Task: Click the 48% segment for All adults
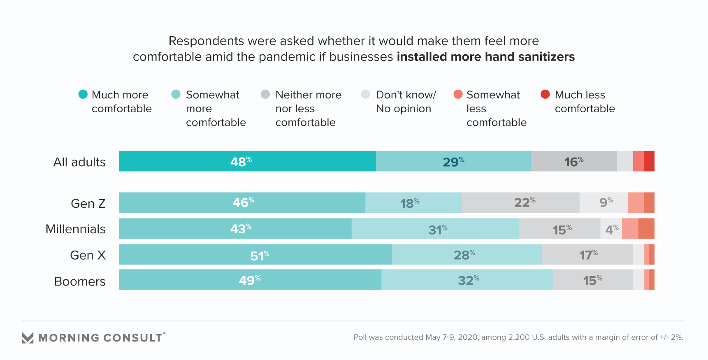[x=247, y=161]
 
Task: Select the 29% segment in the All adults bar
[x=453, y=161]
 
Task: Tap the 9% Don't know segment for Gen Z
[x=604, y=202]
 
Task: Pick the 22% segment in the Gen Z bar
[x=520, y=202]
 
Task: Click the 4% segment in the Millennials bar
[x=611, y=229]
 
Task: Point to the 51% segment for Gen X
[x=255, y=255]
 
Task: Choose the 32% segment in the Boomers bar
[x=467, y=280]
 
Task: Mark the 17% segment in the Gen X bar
[x=587, y=255]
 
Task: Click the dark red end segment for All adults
[x=649, y=161]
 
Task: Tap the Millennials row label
[x=76, y=229]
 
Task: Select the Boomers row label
[x=80, y=281]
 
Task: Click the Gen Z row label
[x=88, y=204]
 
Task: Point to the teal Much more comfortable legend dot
[x=83, y=94]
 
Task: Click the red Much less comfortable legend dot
[x=545, y=94]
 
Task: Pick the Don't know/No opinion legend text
[x=406, y=102]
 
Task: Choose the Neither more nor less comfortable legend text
[x=308, y=109]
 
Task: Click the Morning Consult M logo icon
[x=28, y=338]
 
